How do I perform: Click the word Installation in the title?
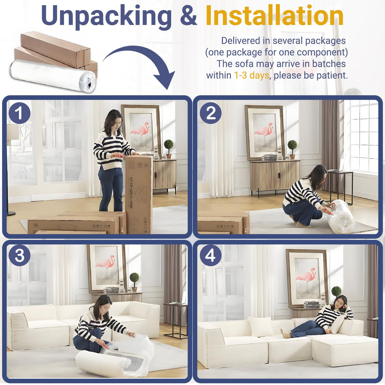coord(274,16)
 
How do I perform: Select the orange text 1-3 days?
coord(251,75)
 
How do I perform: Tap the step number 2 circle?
coord(211,113)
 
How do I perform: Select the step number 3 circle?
coord(19,255)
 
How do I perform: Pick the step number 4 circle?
coord(211,255)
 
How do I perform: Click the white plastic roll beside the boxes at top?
coord(52,75)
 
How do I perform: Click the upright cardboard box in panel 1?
coord(139,193)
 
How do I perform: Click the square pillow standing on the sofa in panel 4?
coord(261,327)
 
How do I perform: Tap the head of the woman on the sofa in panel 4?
coord(340,302)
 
